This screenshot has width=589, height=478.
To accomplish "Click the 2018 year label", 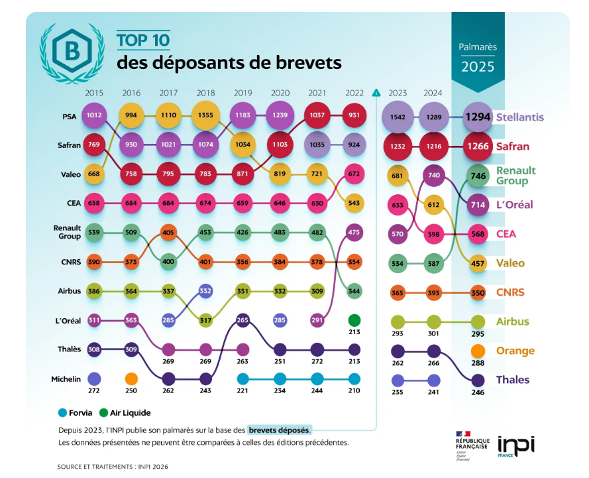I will point(205,93).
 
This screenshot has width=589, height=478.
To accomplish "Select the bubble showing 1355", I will point(205,115).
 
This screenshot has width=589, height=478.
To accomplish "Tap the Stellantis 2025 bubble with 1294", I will point(476,117).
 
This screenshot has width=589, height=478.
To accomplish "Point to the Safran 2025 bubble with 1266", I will point(476,146).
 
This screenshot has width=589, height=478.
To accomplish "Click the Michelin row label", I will point(66,379).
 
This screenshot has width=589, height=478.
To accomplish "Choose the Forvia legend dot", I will point(62,412).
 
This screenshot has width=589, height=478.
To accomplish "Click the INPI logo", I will point(515,444).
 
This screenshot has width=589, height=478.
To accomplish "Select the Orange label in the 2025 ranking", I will point(515,351).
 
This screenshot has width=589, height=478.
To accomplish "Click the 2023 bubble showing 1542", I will point(398,117).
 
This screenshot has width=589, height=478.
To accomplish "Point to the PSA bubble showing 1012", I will point(94,115).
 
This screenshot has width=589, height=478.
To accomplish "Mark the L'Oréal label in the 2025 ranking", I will point(514,204).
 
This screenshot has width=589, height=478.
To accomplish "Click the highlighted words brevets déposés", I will point(279,430).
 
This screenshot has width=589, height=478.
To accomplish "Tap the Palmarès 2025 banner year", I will point(478,66).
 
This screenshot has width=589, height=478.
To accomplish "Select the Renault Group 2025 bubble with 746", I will point(477,176).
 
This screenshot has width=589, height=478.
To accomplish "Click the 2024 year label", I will point(433,93).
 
